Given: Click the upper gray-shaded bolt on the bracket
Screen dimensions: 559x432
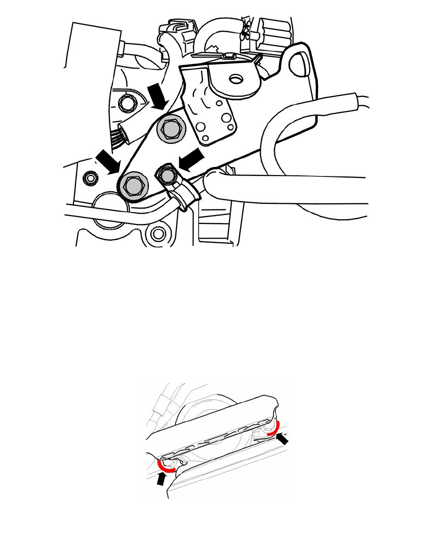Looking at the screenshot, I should tap(170, 128).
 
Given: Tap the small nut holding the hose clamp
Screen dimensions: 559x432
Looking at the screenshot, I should tap(167, 176).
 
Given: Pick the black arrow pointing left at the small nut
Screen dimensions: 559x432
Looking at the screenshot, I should tap(192, 160).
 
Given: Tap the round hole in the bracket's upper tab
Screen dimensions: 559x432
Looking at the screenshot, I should tap(234, 79).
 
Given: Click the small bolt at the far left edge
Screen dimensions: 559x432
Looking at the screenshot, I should tap(89, 178).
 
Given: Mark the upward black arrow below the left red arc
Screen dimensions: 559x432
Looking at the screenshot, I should tap(161, 479).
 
